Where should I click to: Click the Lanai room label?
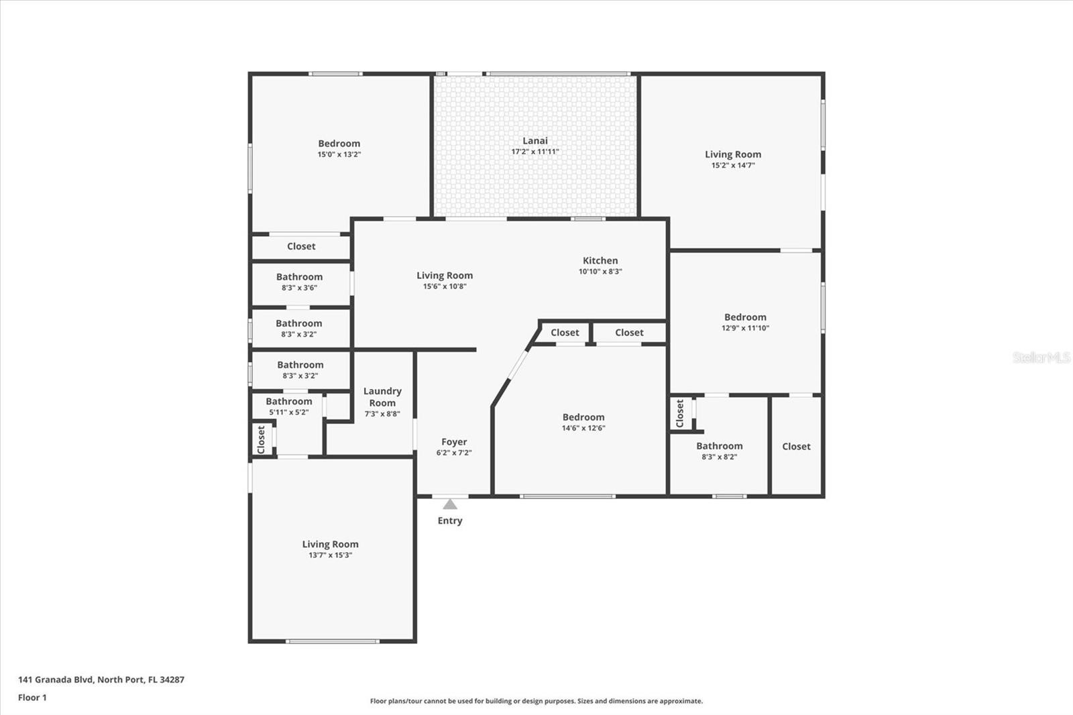click(x=534, y=140)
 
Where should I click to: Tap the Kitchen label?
click(x=600, y=260)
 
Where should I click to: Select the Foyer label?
click(x=453, y=442)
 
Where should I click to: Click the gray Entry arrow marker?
click(x=449, y=504)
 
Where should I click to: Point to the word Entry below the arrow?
click(x=450, y=520)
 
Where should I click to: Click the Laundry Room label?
click(x=382, y=397)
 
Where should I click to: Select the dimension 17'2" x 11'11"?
click(x=535, y=152)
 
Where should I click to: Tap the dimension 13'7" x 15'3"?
click(x=330, y=555)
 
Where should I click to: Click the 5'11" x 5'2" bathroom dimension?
click(x=289, y=412)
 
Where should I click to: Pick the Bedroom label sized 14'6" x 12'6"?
click(x=583, y=417)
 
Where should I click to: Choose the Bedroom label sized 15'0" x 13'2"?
click(x=339, y=144)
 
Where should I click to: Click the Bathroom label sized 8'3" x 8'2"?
click(x=720, y=445)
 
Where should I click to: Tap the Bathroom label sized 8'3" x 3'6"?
click(x=299, y=276)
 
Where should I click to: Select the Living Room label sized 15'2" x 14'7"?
click(x=733, y=154)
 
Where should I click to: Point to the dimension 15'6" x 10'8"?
click(x=445, y=286)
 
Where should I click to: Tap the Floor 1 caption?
click(x=32, y=698)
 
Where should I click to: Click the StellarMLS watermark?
click(x=1041, y=357)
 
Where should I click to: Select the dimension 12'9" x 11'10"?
click(x=745, y=328)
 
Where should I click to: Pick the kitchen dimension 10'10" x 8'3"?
click(x=600, y=272)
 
